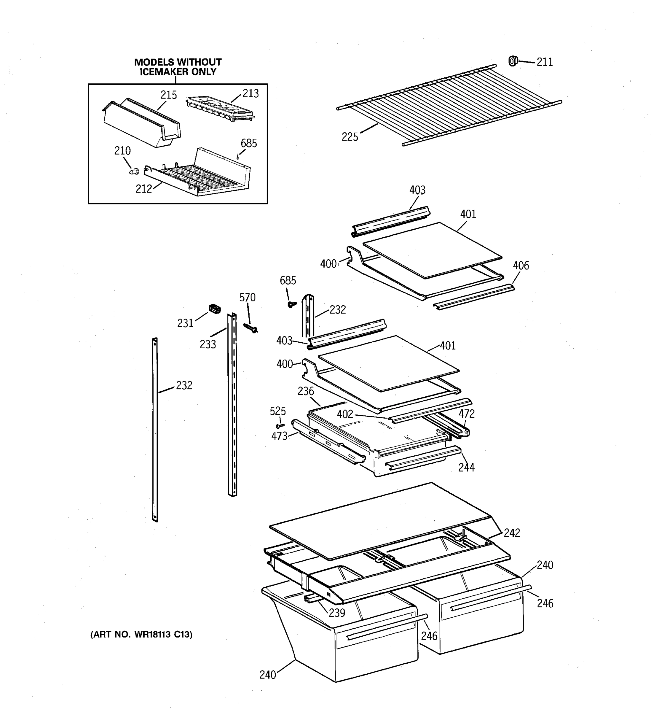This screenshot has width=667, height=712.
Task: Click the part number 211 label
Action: coord(544,62)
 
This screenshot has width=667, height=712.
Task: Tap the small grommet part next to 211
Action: coord(513,61)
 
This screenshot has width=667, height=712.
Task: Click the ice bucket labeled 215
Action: coord(142,123)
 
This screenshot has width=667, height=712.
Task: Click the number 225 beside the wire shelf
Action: coord(350,137)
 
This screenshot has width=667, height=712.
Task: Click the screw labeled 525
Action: coord(280,425)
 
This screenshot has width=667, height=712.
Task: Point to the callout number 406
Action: coord(521,266)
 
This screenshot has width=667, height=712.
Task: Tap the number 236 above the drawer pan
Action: coord(306,391)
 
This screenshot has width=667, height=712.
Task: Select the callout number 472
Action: coord(467,414)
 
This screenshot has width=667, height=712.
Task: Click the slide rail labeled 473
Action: coord(327,442)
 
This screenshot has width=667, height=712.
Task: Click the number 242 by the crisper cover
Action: coord(512,533)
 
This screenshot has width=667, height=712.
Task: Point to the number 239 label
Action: coord(337,613)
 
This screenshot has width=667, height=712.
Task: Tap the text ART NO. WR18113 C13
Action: coord(141,635)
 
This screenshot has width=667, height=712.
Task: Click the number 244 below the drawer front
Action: coord(466,467)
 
